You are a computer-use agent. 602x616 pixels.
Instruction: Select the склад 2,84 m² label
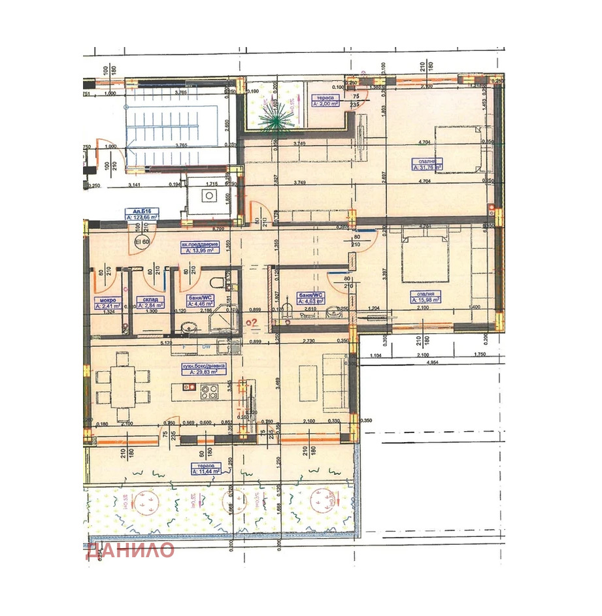tap(147, 303)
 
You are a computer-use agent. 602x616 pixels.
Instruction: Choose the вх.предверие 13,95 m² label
tap(203, 247)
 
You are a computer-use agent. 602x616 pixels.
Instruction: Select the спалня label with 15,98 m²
tap(424, 297)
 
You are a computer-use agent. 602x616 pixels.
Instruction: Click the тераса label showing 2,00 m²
tap(324, 99)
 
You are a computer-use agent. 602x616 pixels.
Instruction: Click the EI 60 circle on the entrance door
tap(141, 241)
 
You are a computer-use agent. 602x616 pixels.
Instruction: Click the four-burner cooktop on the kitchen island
tap(210, 393)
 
